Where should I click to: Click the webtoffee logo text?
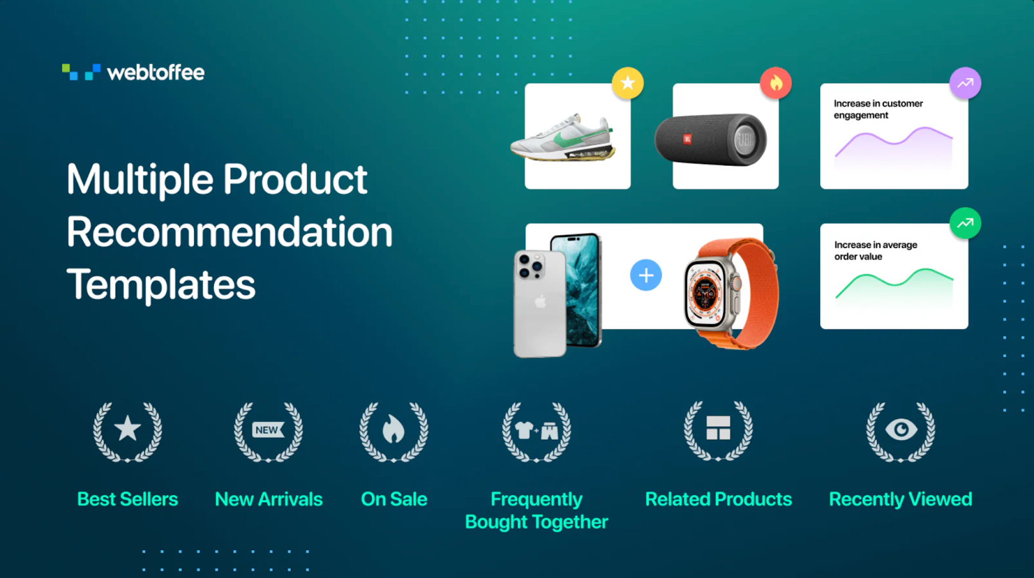click(156, 73)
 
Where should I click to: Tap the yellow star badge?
click(628, 83)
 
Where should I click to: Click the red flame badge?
click(776, 83)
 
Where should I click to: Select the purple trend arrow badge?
click(965, 83)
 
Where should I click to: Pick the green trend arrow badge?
click(965, 223)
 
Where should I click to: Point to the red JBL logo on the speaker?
click(687, 139)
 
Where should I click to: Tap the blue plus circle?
click(646, 275)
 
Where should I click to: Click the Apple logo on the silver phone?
click(540, 303)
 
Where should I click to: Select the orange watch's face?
click(705, 294)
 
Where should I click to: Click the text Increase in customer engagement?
click(878, 109)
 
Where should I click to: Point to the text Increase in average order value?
click(876, 251)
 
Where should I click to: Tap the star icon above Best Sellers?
click(128, 429)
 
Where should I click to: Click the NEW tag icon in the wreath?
click(268, 430)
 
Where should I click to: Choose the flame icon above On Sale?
click(394, 429)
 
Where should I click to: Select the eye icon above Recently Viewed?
click(901, 429)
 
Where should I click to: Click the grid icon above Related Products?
click(718, 428)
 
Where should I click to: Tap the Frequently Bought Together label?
click(536, 511)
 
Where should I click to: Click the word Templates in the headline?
click(161, 285)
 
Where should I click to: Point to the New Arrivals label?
click(269, 499)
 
